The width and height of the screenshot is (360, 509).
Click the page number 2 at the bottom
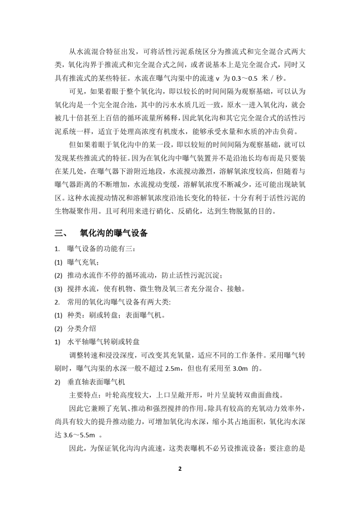[180, 469]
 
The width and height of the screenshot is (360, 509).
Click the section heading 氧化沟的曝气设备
[114, 233]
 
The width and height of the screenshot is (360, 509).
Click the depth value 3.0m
[240, 368]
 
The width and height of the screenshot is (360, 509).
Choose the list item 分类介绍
[82, 329]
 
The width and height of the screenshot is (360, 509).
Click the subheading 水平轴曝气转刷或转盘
[103, 342]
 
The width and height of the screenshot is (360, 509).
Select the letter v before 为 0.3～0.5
[218, 79]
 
